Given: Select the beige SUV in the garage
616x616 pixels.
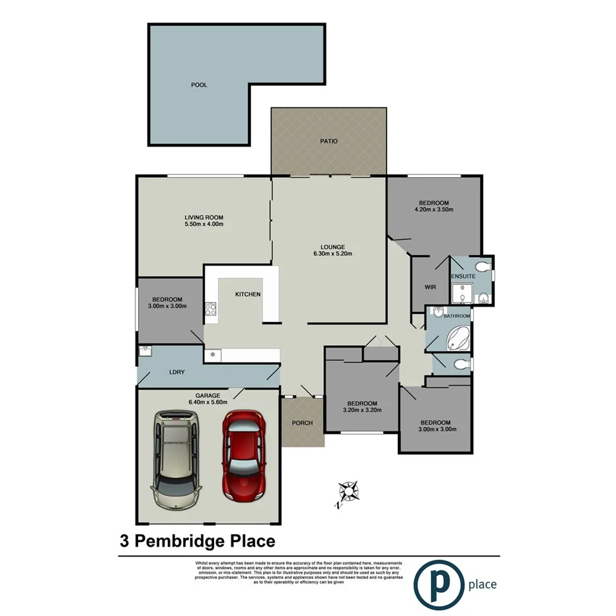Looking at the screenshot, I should coord(176,459).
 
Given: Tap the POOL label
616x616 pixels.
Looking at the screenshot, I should coord(198,85).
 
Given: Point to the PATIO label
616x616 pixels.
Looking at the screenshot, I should coord(328,141).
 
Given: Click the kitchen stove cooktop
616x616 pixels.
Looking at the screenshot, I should coord(211,309).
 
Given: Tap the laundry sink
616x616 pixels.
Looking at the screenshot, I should coord(145,350).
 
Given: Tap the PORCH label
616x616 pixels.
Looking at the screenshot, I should coord(302,423).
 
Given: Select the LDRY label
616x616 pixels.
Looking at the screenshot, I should coord(176,372).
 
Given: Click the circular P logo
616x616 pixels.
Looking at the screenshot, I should coord(437,583).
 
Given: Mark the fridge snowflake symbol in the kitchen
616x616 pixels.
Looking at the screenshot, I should coord(213,355).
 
